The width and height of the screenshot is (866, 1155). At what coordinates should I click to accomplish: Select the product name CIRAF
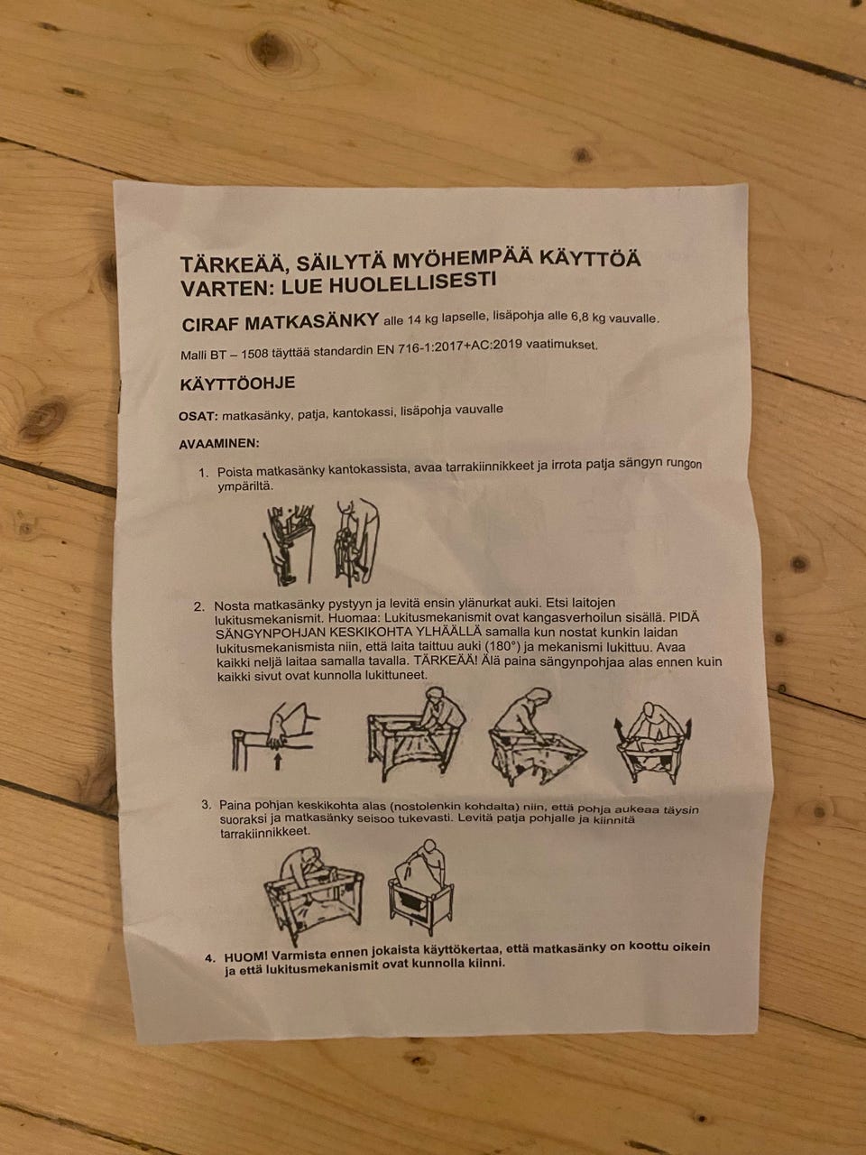pos(210,324)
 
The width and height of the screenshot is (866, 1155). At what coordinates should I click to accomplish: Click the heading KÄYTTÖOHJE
pos(237,383)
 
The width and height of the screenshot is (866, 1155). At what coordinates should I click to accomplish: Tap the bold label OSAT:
pos(198,417)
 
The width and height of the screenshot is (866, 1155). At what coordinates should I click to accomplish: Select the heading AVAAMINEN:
pos(219,444)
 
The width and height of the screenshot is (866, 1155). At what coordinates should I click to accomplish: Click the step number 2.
pos(199,607)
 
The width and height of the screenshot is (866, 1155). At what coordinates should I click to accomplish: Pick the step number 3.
pos(207,805)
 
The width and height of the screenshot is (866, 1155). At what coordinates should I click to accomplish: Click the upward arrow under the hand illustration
pos(278,762)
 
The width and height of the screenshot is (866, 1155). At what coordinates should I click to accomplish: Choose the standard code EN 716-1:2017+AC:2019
pos(449,347)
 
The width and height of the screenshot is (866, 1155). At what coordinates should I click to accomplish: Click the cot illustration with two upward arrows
pos(652,742)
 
